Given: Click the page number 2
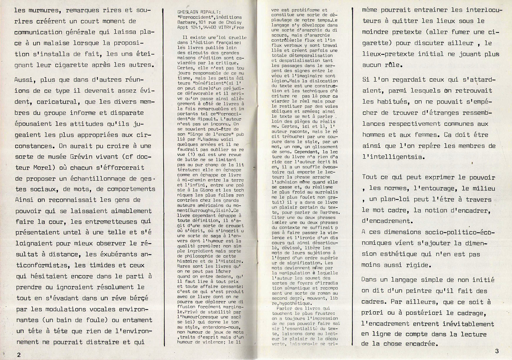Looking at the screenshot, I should point(19,354).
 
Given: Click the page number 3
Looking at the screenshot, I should point(497,351).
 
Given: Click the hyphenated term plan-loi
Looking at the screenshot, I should point(390,199).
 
